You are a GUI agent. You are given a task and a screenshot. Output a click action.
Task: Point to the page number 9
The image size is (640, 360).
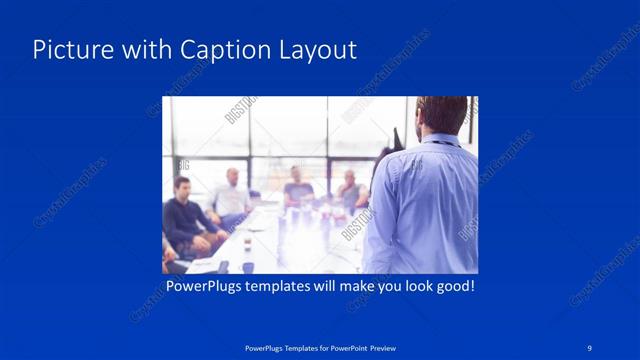tap(590, 347)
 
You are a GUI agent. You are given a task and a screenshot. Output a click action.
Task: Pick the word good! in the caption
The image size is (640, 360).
tap(452, 287)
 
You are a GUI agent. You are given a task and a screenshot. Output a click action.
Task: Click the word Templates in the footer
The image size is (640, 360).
tap(294, 348)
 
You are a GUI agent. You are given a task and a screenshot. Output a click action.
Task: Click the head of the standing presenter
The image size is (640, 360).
tap(441, 115)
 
